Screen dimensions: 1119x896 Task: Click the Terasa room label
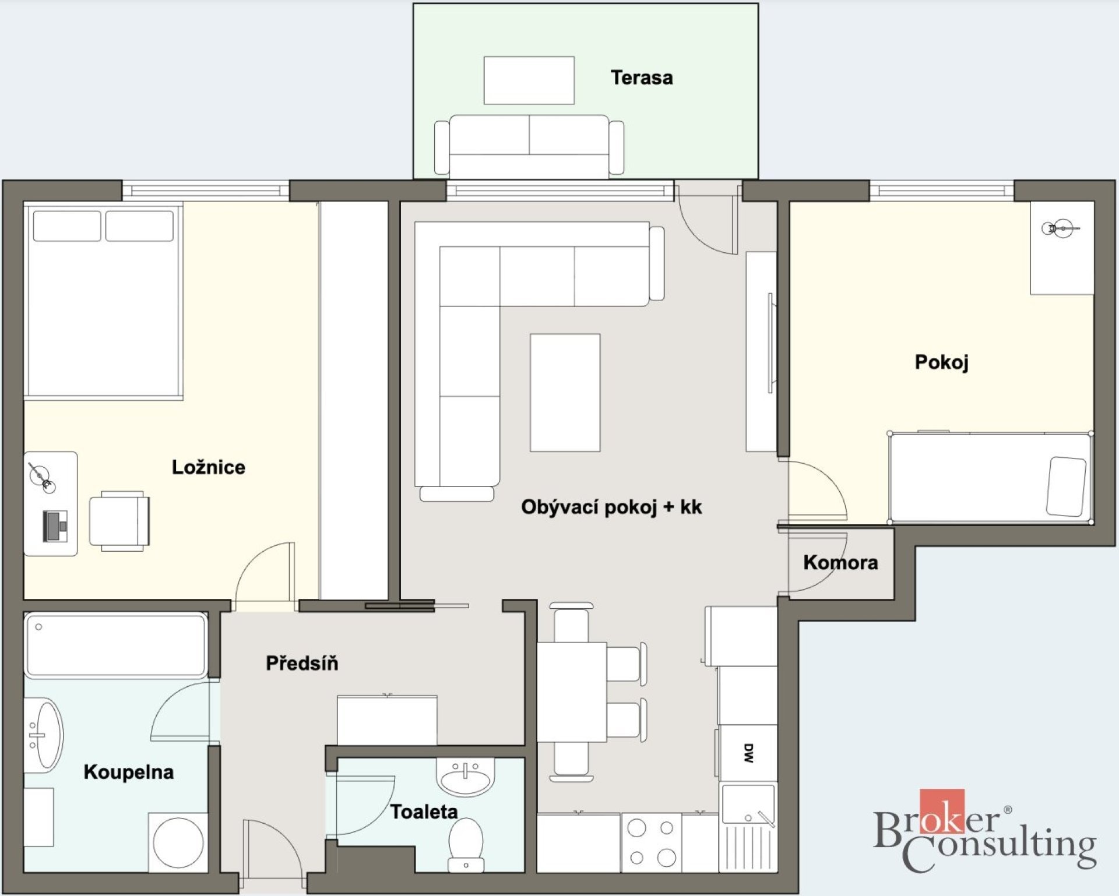(642, 77)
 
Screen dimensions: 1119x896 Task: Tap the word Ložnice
(208, 467)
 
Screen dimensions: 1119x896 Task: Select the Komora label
(840, 562)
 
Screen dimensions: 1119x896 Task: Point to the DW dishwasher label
(749, 753)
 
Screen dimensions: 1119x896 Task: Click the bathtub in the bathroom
(116, 645)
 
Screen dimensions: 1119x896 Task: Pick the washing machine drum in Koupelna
(178, 843)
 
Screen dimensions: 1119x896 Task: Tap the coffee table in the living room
(565, 393)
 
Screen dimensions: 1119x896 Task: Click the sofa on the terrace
(529, 146)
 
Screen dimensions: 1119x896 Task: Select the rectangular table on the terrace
(529, 80)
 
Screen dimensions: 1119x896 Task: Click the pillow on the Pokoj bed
(1066, 486)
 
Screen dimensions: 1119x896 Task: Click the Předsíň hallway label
(302, 663)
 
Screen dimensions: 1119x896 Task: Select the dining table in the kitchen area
(572, 692)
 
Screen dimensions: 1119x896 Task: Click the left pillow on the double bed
(67, 226)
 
